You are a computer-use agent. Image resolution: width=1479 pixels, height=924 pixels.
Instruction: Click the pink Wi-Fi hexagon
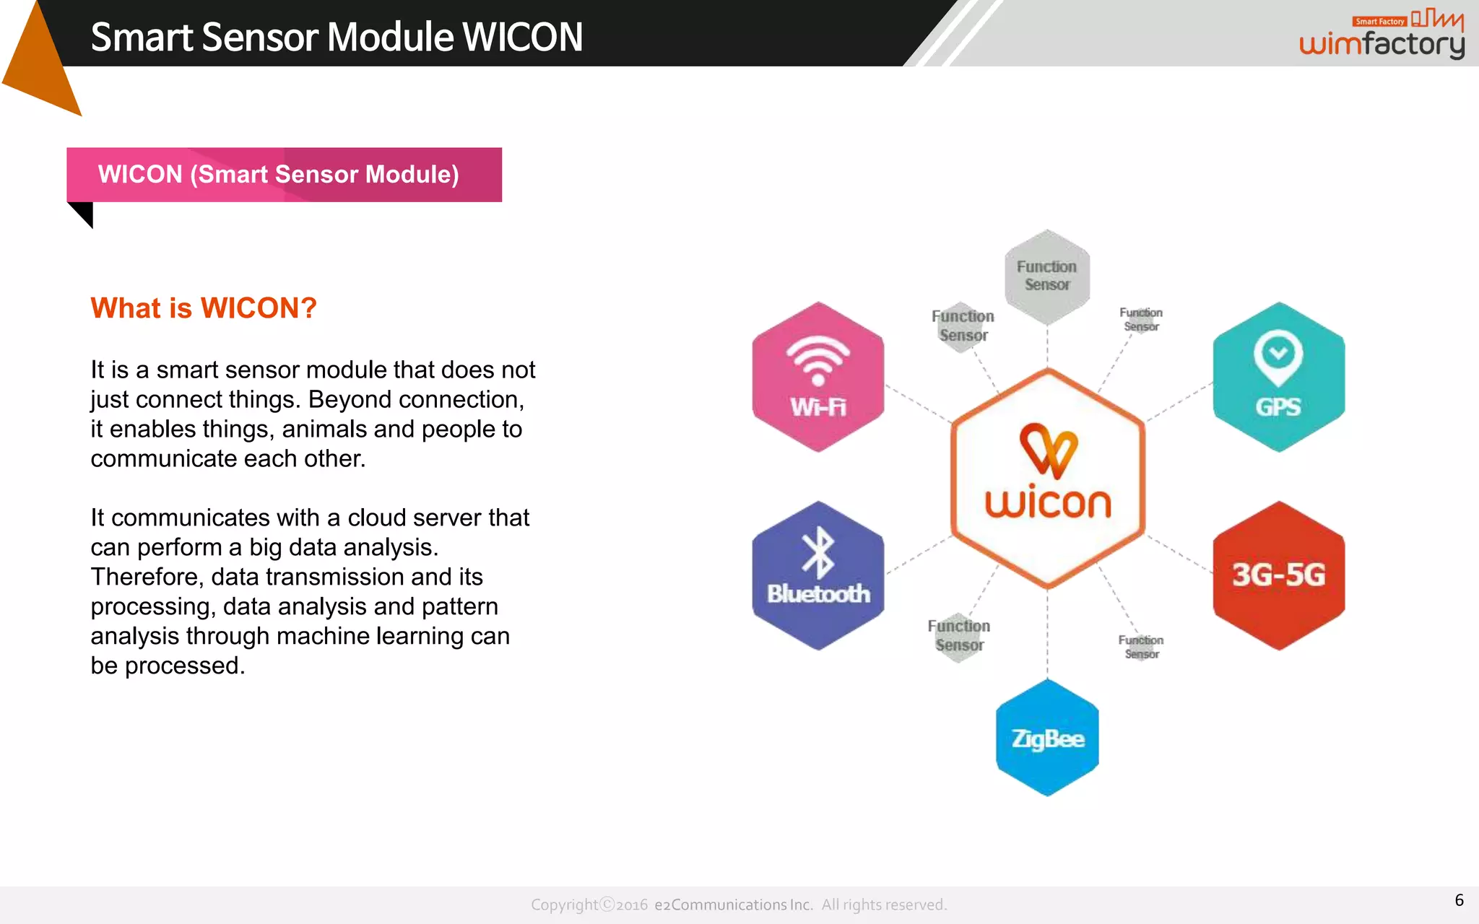817,378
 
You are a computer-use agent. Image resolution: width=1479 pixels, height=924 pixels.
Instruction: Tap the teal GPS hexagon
1278,378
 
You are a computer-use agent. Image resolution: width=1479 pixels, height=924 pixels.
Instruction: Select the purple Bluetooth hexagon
817,576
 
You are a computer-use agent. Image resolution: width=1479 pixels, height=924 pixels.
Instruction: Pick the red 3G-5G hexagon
1278,576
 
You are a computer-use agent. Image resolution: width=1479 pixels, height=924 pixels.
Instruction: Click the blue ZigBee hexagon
1047,738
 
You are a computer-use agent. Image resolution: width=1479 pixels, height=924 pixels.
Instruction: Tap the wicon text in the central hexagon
1048,502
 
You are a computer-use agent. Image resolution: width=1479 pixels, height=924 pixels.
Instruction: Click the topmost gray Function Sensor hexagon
1047,276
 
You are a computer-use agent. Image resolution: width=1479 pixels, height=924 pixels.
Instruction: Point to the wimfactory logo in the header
1382,36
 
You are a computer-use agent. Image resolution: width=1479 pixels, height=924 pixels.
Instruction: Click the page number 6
1459,900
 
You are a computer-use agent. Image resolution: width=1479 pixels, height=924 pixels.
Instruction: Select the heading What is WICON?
204,308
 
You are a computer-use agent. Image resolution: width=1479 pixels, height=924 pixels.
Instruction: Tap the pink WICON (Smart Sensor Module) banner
284,175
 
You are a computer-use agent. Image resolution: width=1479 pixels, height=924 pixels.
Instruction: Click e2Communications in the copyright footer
733,905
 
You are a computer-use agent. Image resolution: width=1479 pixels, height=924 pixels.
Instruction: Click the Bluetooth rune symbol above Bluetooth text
818,553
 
